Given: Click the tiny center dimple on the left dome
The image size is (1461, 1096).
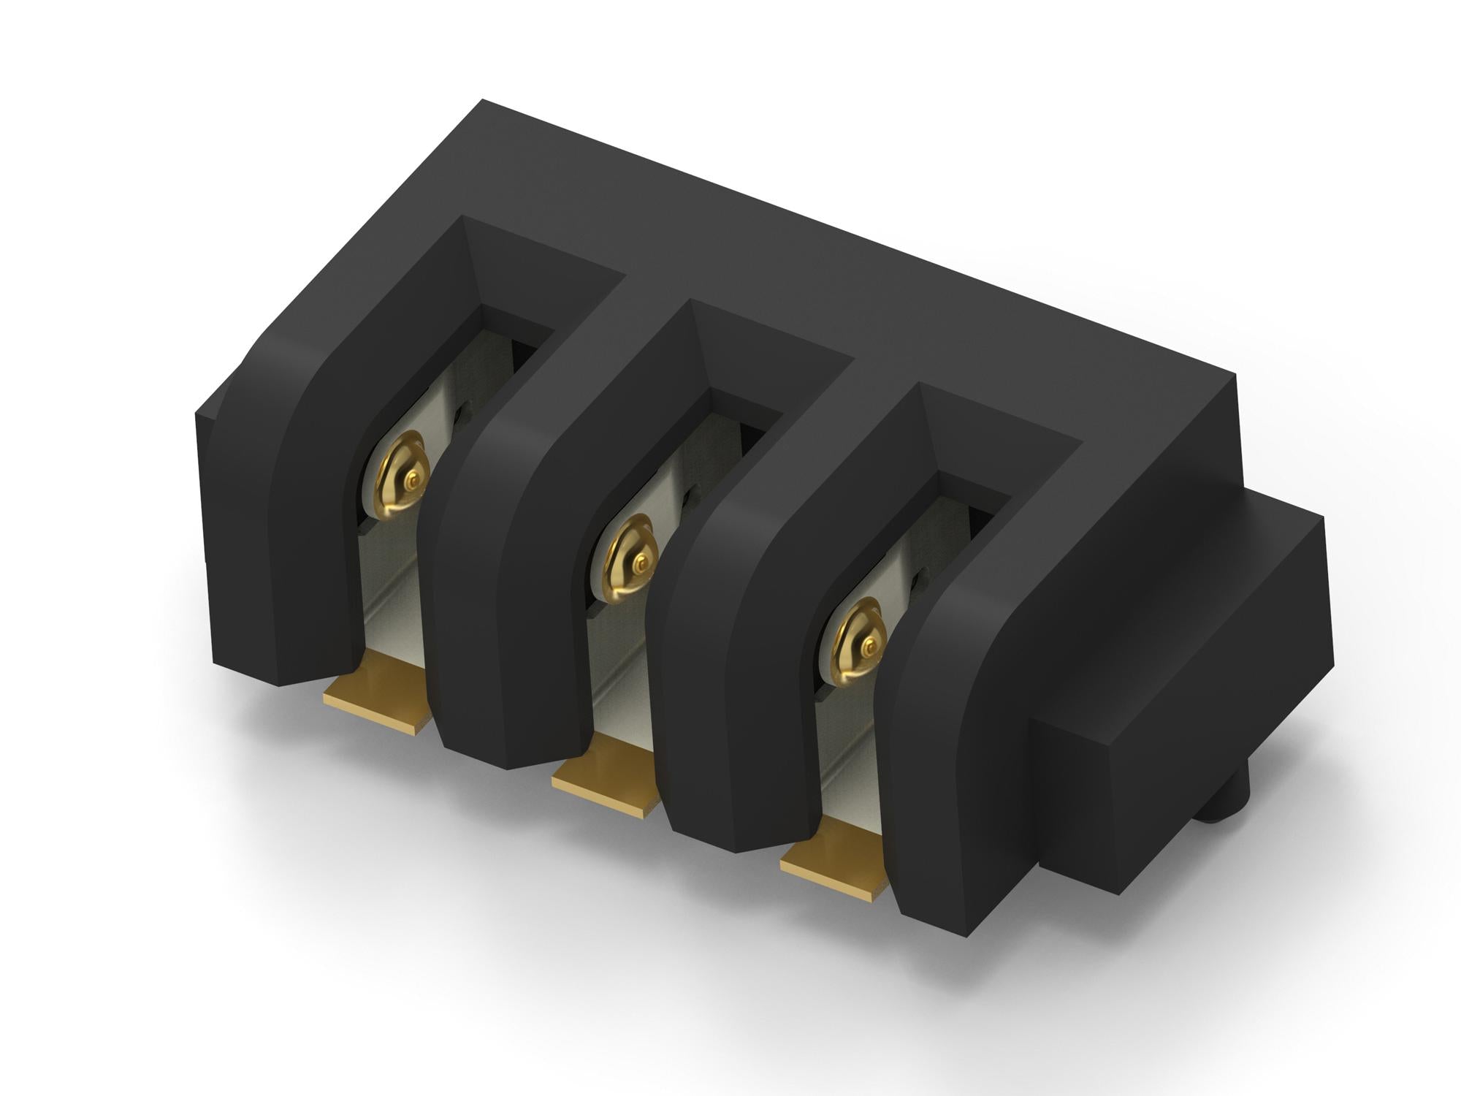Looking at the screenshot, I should click(x=413, y=480).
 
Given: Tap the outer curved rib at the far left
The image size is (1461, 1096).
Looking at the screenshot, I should click(x=292, y=511).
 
